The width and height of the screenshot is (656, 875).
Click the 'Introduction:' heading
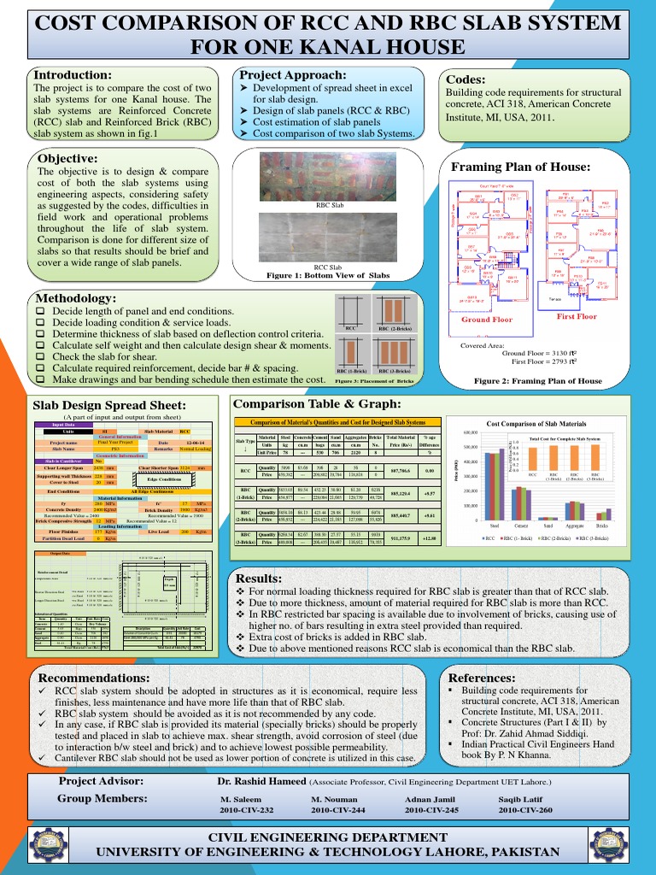[x=72, y=75]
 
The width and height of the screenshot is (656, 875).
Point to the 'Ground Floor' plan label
[x=487, y=320]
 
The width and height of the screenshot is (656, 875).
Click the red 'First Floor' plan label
[x=577, y=316]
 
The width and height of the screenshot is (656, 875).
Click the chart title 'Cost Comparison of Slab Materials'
[x=536, y=425]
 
